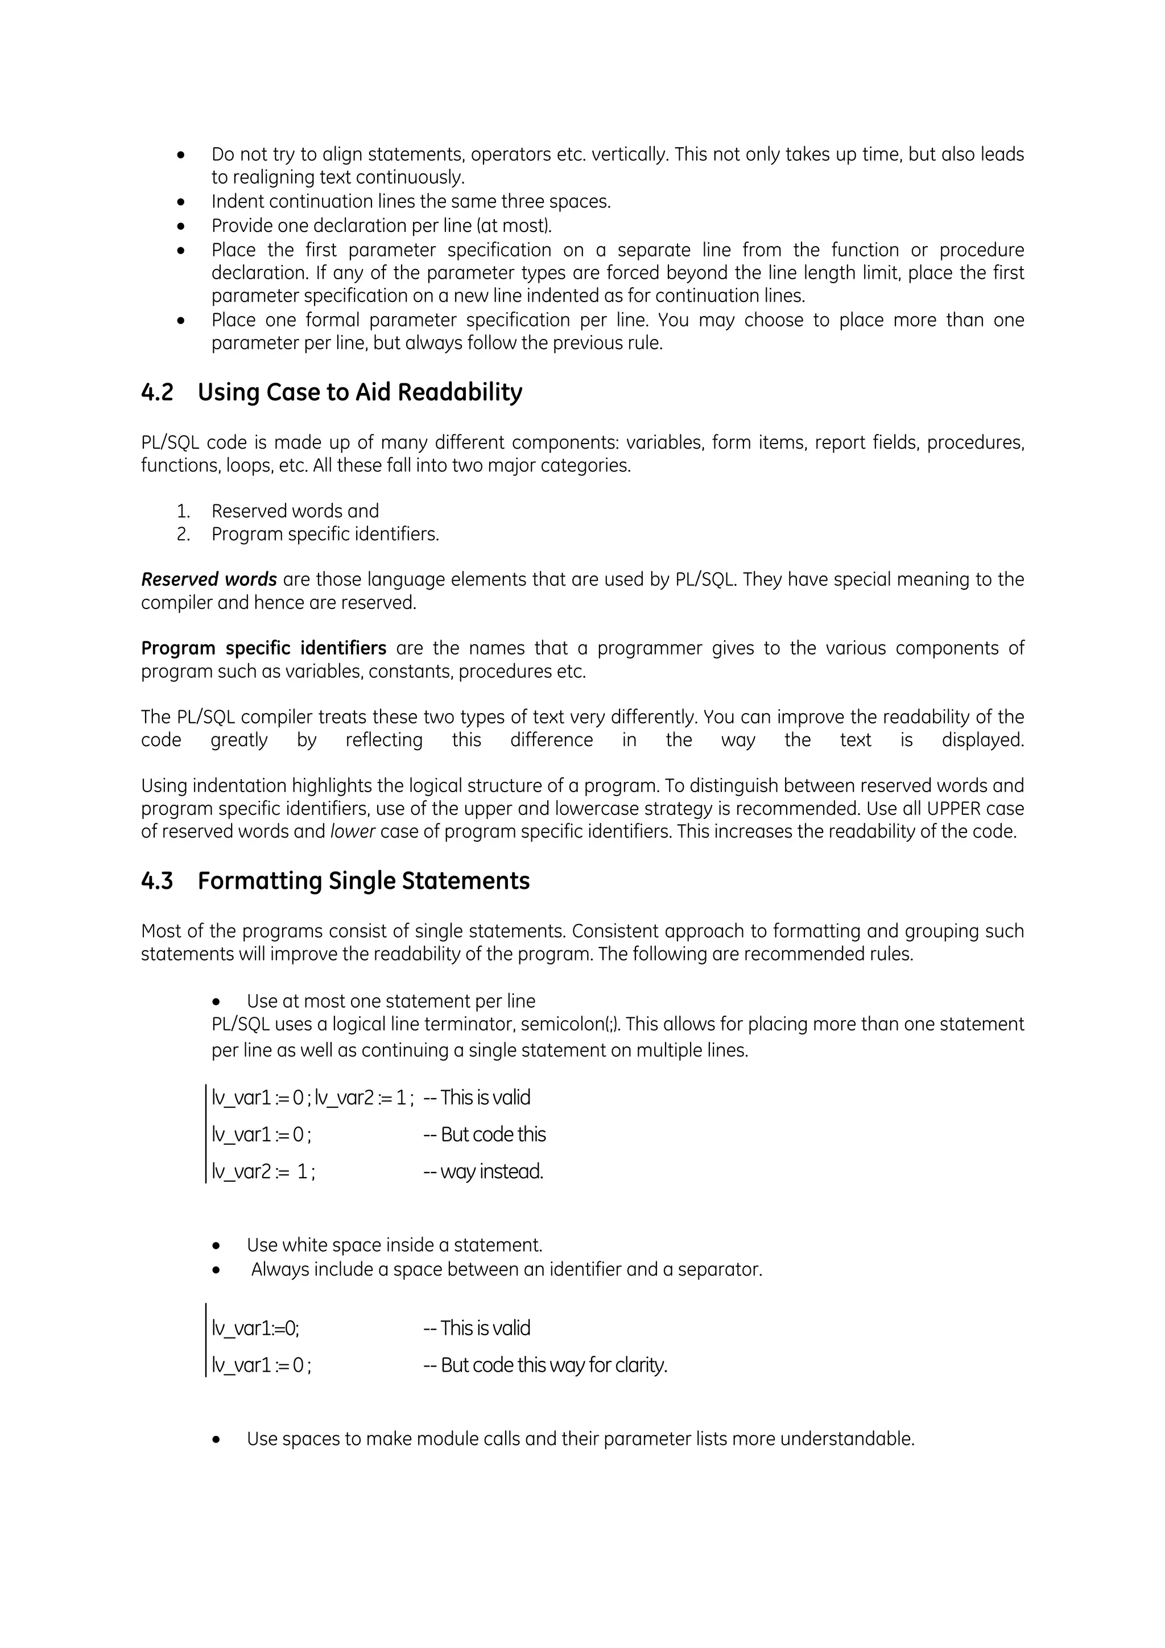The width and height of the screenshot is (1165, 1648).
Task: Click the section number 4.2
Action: (x=157, y=392)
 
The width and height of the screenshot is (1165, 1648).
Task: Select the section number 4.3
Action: (x=157, y=881)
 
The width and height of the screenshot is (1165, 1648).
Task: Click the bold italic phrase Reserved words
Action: (x=208, y=579)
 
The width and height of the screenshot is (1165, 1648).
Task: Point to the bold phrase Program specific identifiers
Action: (x=263, y=648)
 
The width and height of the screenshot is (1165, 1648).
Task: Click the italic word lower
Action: (x=353, y=832)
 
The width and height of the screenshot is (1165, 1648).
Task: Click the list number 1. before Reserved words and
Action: (x=183, y=511)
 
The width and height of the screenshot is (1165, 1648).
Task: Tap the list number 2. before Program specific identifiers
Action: (x=183, y=534)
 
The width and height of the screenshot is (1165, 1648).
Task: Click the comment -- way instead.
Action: (x=483, y=1171)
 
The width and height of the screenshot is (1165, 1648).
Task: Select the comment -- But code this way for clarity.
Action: (x=545, y=1365)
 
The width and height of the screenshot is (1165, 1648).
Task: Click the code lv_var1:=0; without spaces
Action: (x=255, y=1328)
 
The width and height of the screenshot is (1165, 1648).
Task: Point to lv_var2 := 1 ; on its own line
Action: (x=263, y=1171)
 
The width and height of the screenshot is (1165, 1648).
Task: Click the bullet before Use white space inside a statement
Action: (x=217, y=1246)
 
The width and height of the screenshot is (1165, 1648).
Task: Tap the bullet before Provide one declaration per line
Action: (x=181, y=227)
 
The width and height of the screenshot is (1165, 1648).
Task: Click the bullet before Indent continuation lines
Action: (x=181, y=202)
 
